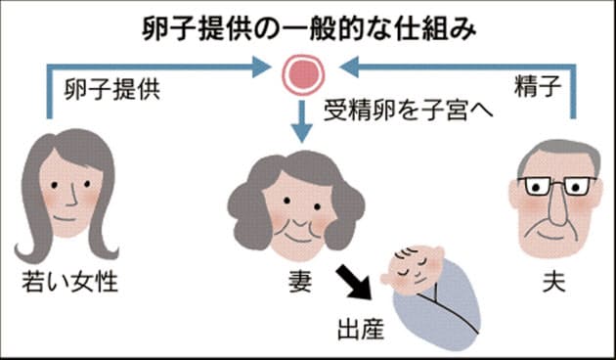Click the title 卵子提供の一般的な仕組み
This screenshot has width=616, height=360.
(307, 27)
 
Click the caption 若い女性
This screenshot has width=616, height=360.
(69, 283)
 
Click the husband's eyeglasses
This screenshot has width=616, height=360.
(556, 186)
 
